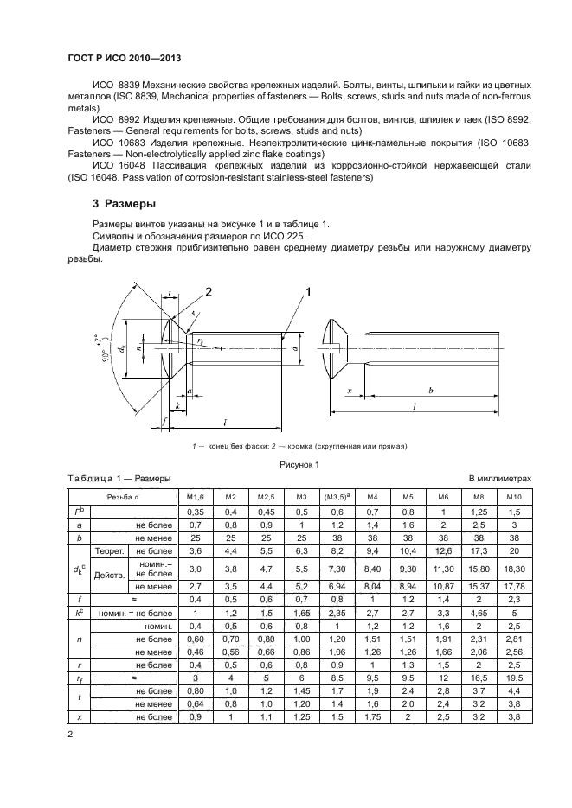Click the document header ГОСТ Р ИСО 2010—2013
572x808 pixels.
[x=129, y=58]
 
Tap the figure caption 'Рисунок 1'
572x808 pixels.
[x=299, y=465]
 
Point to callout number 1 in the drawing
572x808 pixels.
[x=307, y=294]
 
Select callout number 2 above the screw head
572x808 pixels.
[x=209, y=290]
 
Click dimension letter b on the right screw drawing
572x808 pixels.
[x=430, y=391]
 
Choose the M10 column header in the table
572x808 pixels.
[x=514, y=498]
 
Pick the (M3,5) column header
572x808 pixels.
[x=336, y=498]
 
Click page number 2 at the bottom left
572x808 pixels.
[x=72, y=734]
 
